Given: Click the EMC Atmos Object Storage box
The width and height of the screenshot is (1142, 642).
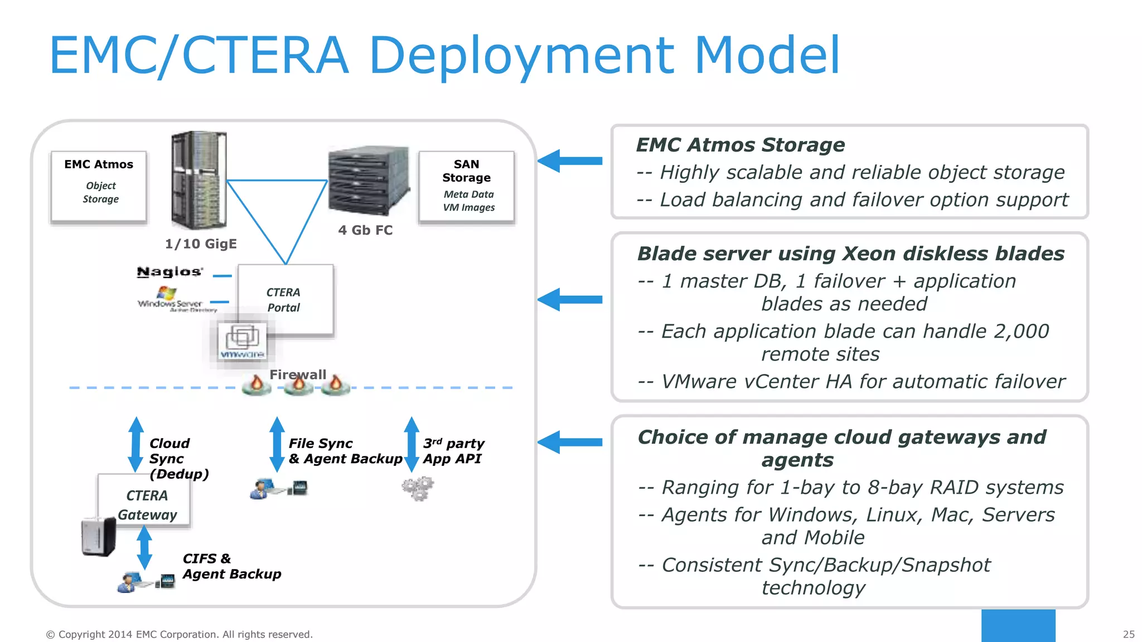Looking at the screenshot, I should pyautogui.click(x=99, y=186).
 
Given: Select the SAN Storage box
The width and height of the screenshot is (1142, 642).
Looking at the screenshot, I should pyautogui.click(x=467, y=186).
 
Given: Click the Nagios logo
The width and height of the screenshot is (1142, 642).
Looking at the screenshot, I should pyautogui.click(x=170, y=272).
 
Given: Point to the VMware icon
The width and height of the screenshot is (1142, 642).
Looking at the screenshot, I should pyautogui.click(x=242, y=341).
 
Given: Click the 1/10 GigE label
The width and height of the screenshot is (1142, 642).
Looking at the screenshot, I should pyautogui.click(x=201, y=244).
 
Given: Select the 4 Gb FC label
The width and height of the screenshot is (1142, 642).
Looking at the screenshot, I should pyautogui.click(x=365, y=230).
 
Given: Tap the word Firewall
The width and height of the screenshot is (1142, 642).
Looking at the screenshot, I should pyautogui.click(x=298, y=374).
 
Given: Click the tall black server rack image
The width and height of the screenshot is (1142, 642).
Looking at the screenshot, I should pyautogui.click(x=199, y=180).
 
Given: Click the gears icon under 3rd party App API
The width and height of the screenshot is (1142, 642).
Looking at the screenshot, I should pyautogui.click(x=418, y=489).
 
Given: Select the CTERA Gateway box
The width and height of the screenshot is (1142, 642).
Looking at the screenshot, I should pyautogui.click(x=146, y=504).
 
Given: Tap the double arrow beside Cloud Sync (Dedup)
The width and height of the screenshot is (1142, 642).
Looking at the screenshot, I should pyautogui.click(x=136, y=444).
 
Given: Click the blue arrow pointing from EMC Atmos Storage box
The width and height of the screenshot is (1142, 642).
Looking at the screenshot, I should pyautogui.click(x=570, y=161).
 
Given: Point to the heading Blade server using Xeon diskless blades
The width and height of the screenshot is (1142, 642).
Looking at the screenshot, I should pyautogui.click(x=850, y=254).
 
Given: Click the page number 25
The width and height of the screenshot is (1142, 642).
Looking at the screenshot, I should pyautogui.click(x=1128, y=634).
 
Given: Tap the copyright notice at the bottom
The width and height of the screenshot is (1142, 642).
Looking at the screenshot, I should pyautogui.click(x=179, y=634).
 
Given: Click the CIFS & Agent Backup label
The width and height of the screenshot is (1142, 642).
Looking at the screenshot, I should pyautogui.click(x=231, y=566).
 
